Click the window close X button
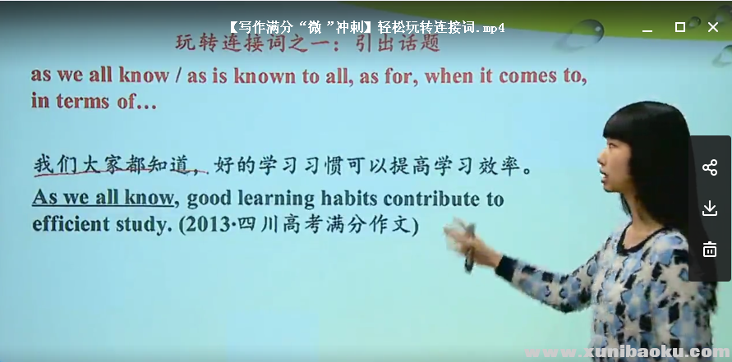(x=712, y=27)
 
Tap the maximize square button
(x=679, y=27)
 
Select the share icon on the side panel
(x=710, y=168)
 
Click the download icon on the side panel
(x=710, y=208)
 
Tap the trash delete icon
(x=710, y=249)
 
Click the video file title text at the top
(x=366, y=27)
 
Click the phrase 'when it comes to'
(x=508, y=76)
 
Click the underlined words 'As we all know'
(x=104, y=198)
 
